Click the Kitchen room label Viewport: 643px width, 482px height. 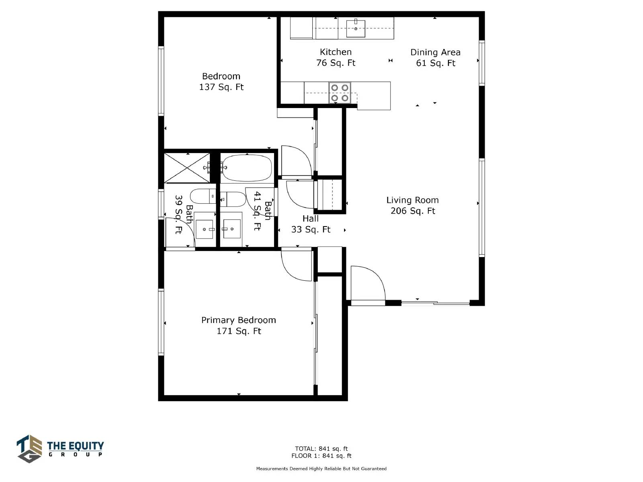tap(336, 52)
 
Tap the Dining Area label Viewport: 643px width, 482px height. tap(435, 52)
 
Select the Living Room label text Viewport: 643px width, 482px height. tap(412, 200)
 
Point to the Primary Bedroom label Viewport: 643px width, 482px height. tap(238, 320)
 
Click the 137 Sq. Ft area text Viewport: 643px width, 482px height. tap(221, 87)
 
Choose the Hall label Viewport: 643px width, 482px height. tap(311, 219)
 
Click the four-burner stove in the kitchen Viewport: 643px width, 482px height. tap(340, 92)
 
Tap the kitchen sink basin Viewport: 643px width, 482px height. tap(356, 29)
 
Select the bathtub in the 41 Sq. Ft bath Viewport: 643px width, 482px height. tap(247, 168)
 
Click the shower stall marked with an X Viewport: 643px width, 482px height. tap(187, 168)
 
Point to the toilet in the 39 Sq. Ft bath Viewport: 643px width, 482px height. tap(203, 196)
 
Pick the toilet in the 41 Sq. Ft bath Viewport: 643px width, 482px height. tap(233, 199)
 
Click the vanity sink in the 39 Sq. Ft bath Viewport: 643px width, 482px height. tap(205, 229)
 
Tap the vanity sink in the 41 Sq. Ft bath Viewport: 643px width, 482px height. tap(231, 229)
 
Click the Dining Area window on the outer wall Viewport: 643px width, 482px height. tap(481, 63)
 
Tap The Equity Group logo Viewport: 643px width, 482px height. tap(60, 449)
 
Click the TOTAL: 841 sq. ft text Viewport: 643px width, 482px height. tap(321, 449)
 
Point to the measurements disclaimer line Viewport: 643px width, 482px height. tap(321, 468)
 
